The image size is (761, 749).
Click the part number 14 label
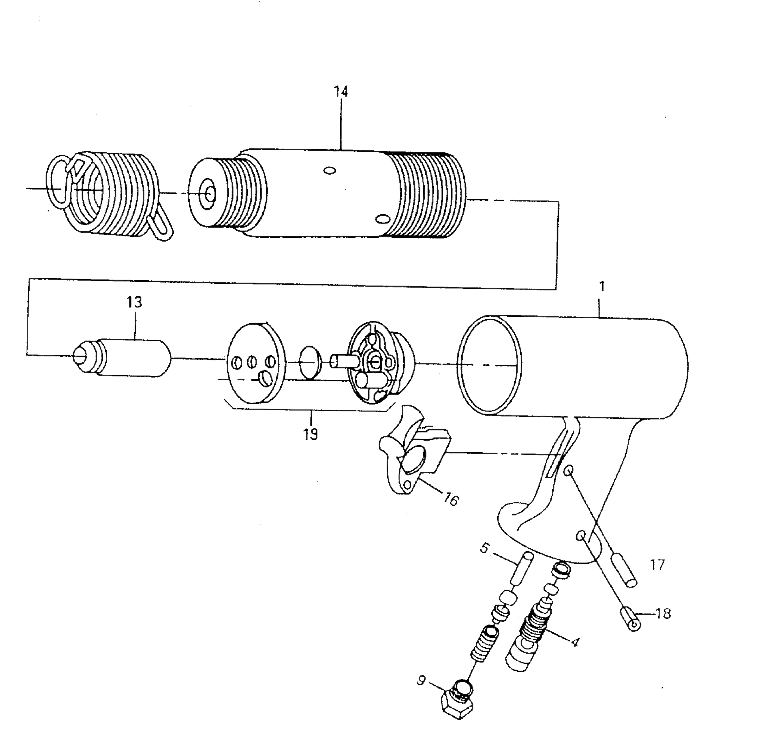tap(341, 92)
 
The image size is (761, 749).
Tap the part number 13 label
tap(134, 302)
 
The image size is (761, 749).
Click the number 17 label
tap(657, 565)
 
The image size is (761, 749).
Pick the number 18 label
tap(664, 614)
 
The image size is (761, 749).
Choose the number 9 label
tap(421, 680)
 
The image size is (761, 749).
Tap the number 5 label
tap(485, 548)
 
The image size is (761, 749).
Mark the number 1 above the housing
tap(602, 287)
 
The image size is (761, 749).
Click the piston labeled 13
tap(126, 358)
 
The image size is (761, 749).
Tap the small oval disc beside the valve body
tap(310, 362)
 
